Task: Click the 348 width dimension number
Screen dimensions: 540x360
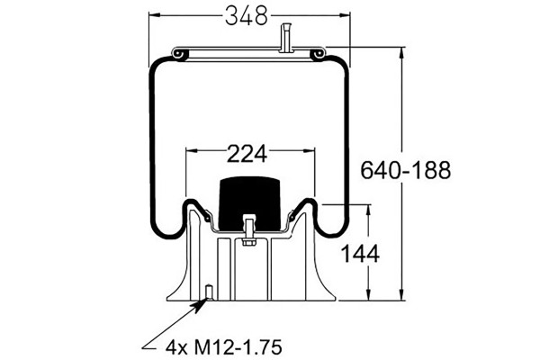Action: (x=247, y=16)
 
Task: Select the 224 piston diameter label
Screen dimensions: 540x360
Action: (x=247, y=154)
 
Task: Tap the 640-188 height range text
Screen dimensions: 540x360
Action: (x=405, y=170)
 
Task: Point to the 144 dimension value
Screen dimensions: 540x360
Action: (x=360, y=254)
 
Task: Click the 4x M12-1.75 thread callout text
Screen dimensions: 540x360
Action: (x=224, y=346)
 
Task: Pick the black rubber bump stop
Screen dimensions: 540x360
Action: (x=249, y=203)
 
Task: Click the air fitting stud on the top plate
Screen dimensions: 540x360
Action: (x=286, y=38)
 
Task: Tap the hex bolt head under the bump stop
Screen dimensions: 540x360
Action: (x=248, y=241)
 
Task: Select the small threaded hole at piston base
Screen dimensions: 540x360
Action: (x=209, y=292)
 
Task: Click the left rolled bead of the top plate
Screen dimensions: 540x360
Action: (x=180, y=54)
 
